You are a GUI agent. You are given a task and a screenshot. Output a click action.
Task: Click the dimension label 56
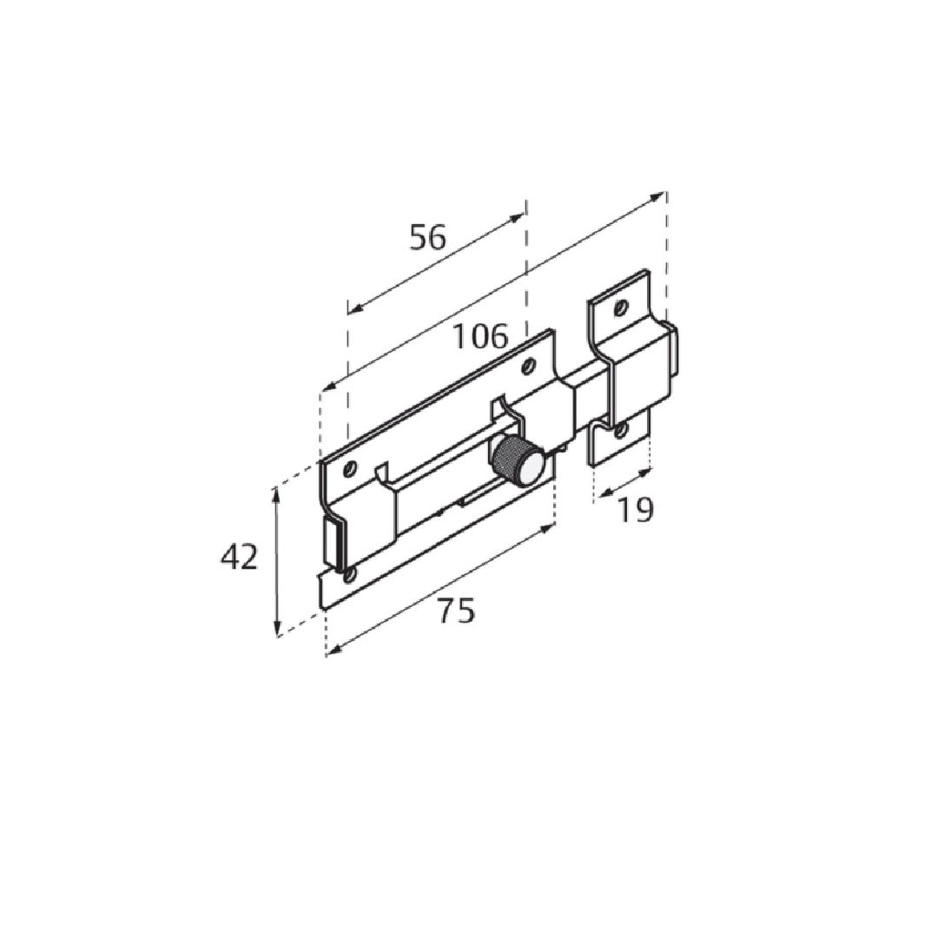coord(427,237)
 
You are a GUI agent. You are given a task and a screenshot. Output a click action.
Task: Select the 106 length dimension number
coord(479,336)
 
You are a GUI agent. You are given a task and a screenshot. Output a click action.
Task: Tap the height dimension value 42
coord(239,558)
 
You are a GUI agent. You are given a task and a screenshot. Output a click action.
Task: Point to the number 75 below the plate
coord(456,611)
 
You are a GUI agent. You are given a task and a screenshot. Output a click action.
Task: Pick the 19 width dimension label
coord(635,511)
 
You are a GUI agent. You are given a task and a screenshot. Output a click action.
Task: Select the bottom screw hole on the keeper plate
coord(619,431)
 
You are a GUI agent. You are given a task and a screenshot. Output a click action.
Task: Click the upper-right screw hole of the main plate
coord(527,368)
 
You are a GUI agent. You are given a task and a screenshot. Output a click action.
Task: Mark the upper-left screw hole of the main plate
coord(350,469)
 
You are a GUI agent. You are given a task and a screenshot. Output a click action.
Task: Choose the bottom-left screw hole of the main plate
coord(349,575)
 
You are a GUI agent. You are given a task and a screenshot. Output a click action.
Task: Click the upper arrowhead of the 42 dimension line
coord(277,492)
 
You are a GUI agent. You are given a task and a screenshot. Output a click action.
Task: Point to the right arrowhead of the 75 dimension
coord(550,527)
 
